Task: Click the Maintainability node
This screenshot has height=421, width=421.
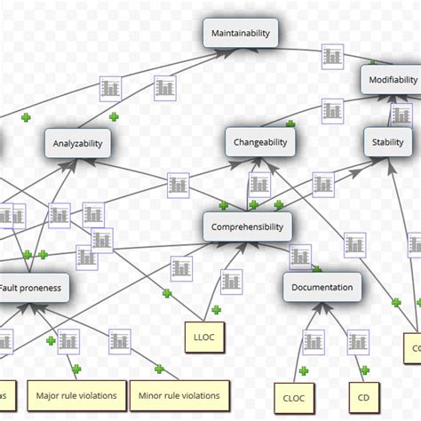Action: click(x=241, y=34)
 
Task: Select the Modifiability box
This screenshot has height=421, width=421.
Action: click(x=390, y=80)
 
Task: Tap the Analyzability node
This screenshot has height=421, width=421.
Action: click(x=78, y=142)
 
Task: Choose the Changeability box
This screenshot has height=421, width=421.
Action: click(x=260, y=141)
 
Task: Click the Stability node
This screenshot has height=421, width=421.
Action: click(x=388, y=141)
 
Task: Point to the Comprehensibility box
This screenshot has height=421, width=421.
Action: click(x=247, y=226)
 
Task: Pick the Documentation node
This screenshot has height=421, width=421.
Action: click(x=322, y=287)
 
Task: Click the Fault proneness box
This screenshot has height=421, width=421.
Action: click(x=33, y=288)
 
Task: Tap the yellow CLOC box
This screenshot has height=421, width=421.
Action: click(x=293, y=398)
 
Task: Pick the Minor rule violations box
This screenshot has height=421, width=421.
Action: click(x=179, y=393)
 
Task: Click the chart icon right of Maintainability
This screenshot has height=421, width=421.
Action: click(x=332, y=55)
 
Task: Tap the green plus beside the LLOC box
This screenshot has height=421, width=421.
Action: click(x=216, y=308)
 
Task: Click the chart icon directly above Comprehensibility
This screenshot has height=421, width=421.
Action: click(x=258, y=185)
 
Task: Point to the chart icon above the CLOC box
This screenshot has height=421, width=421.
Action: click(x=314, y=341)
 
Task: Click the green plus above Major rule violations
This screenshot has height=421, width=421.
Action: click(x=76, y=368)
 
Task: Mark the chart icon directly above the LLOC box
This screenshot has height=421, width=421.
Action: click(x=182, y=267)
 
